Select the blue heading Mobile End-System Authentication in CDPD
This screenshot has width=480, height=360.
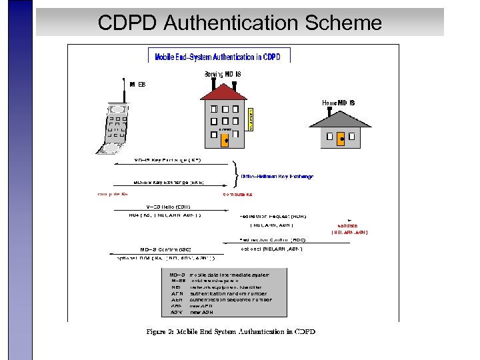[x=219, y=57]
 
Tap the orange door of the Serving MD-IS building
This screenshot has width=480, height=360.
[x=225, y=140]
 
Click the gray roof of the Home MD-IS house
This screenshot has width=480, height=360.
[x=341, y=116]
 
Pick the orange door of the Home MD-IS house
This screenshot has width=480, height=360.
[x=341, y=139]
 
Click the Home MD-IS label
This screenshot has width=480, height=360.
[x=339, y=103]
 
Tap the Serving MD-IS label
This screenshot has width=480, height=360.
[x=222, y=74]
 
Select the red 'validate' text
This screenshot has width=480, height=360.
[x=348, y=226]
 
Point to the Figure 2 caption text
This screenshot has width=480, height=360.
[x=231, y=331]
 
